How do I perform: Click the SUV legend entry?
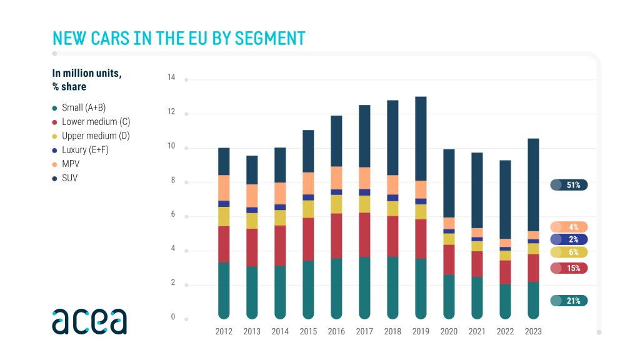(69, 178)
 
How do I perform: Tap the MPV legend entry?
(70, 164)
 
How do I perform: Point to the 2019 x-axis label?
(421, 332)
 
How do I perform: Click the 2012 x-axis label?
(224, 332)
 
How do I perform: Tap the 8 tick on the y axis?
(172, 181)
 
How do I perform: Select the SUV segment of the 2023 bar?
(533, 185)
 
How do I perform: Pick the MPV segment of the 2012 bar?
(224, 187)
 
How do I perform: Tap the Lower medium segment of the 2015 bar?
(308, 239)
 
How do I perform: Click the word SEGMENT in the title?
(269, 38)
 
